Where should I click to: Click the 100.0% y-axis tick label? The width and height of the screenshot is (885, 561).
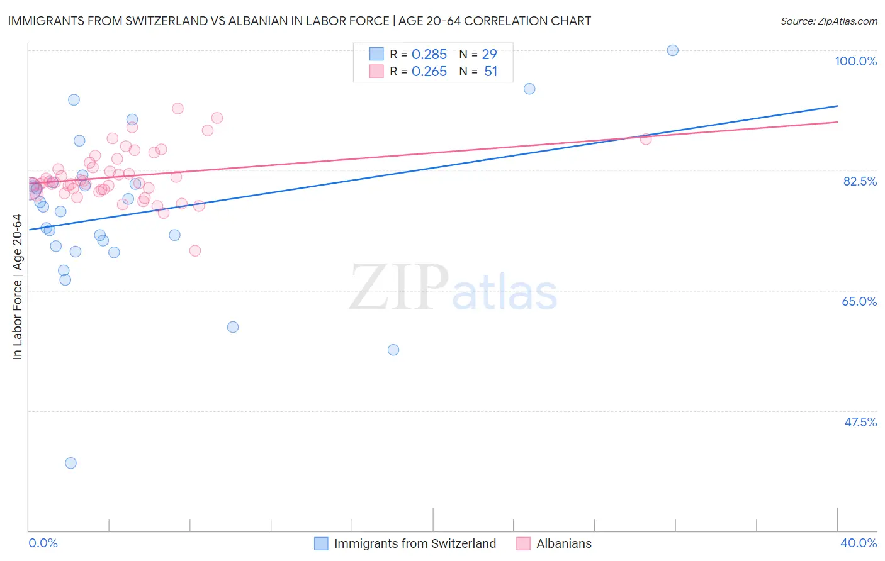855,61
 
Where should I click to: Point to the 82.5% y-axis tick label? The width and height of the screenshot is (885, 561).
860,181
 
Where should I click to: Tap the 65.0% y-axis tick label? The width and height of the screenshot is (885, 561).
859,301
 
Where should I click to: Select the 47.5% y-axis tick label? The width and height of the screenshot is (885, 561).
860,422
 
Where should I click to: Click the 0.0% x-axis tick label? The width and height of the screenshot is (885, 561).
43,543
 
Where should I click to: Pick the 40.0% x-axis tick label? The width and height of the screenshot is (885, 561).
859,543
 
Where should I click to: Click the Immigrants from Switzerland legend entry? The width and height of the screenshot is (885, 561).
415,543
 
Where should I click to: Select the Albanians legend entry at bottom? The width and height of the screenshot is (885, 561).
564,543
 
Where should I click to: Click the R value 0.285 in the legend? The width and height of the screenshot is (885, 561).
429,54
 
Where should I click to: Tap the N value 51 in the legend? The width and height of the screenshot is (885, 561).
490,72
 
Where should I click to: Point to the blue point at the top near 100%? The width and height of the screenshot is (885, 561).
672,50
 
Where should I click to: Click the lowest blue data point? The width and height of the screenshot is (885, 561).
70,463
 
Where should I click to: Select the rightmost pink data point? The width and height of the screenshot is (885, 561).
645,139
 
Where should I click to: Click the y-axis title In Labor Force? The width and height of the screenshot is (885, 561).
17,287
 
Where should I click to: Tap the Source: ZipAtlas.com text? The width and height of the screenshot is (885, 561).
828,21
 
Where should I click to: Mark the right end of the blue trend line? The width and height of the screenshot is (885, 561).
837,106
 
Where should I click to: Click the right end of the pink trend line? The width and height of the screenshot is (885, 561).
837,122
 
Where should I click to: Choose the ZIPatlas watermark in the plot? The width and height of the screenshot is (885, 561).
453,288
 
